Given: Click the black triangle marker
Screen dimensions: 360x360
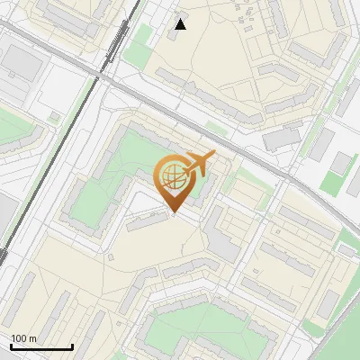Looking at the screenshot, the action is pyautogui.click(x=181, y=24).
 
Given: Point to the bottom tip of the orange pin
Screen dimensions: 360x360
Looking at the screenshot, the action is pyautogui.click(x=175, y=212).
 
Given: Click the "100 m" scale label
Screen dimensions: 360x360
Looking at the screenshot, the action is pyautogui.click(x=23, y=338).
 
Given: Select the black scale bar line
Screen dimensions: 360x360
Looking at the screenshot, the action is pyautogui.click(x=41, y=346).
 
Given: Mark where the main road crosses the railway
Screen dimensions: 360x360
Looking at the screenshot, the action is pyautogui.click(x=98, y=76).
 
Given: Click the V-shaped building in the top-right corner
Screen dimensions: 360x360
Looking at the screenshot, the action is pyautogui.click(x=315, y=36).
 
